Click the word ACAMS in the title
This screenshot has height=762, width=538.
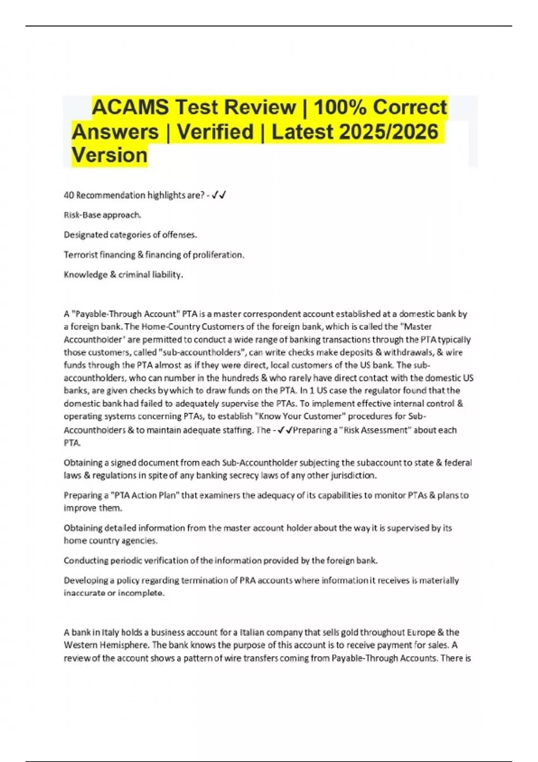(130, 108)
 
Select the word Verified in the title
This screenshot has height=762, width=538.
(215, 132)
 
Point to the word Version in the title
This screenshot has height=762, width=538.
(109, 155)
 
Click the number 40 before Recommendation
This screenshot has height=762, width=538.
(69, 195)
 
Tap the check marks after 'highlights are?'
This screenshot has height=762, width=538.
(219, 195)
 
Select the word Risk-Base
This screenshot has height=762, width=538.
(82, 215)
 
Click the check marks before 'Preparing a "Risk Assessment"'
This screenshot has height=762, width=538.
(285, 430)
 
